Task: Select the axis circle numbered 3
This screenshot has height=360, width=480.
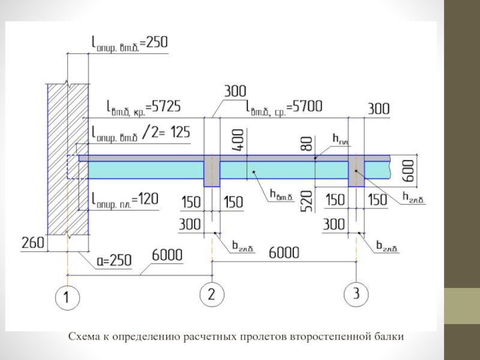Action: [356, 294]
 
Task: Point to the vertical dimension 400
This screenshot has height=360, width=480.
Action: [239, 139]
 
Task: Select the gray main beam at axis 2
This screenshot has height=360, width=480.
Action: [212, 172]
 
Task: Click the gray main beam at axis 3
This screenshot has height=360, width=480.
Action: [356, 171]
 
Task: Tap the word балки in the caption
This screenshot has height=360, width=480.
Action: [391, 337]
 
